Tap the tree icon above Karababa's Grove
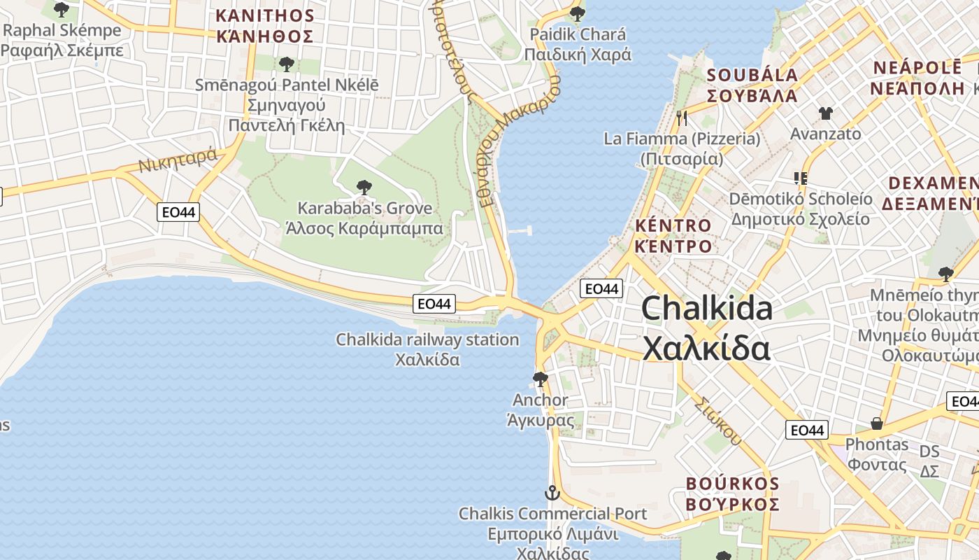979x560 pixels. [364, 187]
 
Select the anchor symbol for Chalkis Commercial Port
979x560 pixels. [552, 493]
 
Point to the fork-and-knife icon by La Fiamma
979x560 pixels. [682, 118]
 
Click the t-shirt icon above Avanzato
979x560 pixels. [825, 113]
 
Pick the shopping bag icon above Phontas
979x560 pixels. [876, 423]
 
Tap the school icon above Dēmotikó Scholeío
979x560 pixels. [800, 178]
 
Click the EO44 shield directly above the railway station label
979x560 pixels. [435, 303]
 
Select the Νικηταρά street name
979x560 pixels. [178, 162]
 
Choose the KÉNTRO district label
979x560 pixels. [673, 226]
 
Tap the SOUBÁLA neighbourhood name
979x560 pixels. [752, 76]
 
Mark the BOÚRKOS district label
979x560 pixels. [732, 484]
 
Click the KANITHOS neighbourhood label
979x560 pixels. [264, 15]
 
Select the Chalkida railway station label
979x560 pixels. [427, 339]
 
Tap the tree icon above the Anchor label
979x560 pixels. [540, 379]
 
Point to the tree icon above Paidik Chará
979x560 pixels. [577, 13]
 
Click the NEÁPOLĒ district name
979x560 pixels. [917, 68]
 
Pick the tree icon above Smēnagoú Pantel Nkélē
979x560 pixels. [285, 64]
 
